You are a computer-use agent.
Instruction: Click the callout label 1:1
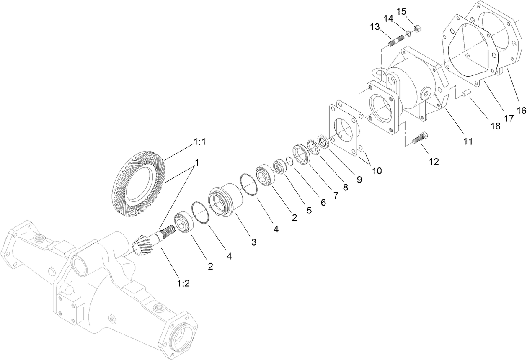coord(199,142)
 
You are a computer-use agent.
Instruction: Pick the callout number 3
coord(254,242)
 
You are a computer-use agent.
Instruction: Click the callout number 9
coord(360,179)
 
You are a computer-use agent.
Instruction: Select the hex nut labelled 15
coord(417,29)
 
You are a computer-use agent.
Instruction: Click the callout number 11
coord(468,141)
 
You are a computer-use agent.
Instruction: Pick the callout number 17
coord(509,118)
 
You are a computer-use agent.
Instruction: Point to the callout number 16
coord(521,111)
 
